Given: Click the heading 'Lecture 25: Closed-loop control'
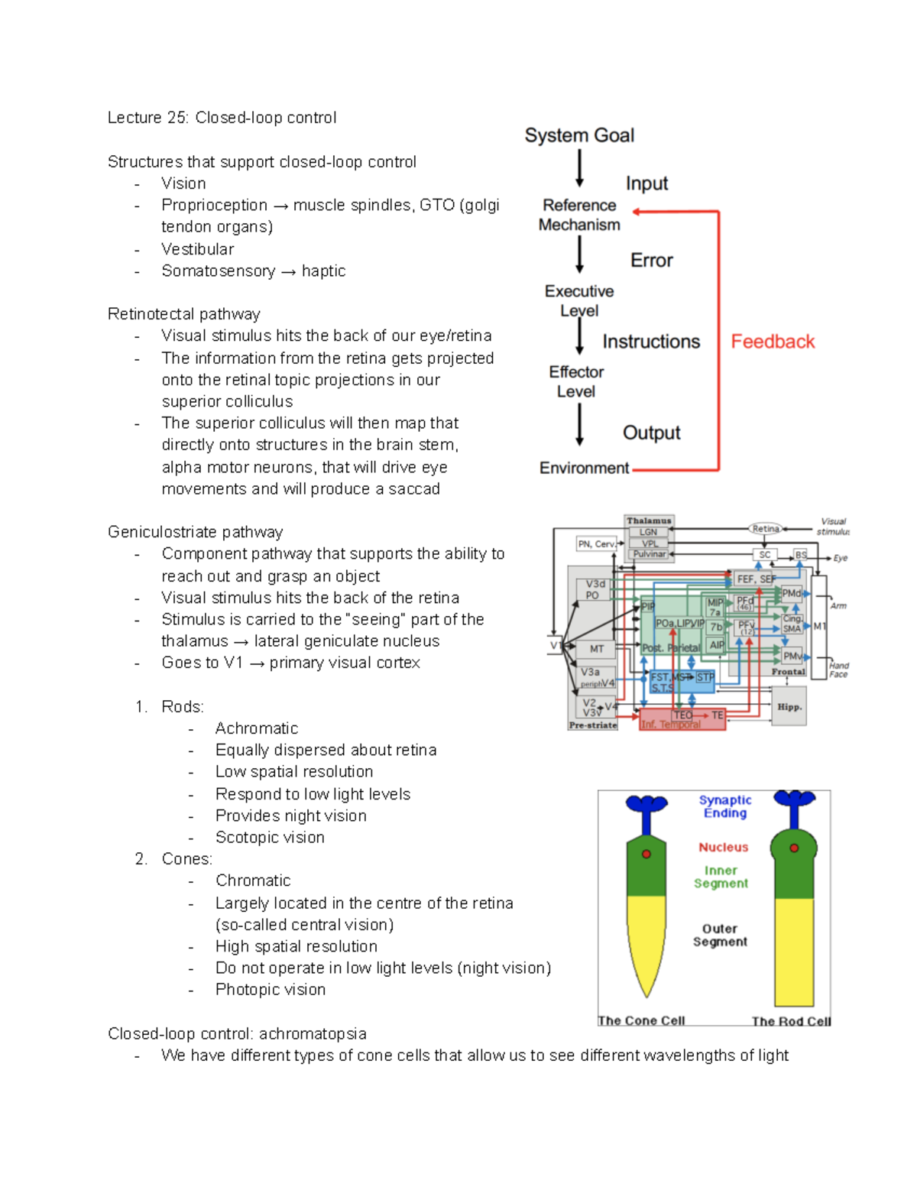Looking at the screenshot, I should click(222, 118).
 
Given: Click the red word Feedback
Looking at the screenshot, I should click(773, 342).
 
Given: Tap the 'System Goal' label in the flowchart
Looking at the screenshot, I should click(579, 135).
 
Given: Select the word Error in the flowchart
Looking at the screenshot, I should click(651, 261).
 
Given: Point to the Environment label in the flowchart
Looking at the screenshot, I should click(584, 468).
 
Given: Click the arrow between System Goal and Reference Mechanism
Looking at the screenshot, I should click(579, 168).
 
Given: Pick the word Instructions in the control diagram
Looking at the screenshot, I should click(651, 342).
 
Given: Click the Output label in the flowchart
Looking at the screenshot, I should click(651, 433).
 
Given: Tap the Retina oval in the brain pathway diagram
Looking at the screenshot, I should click(766, 528).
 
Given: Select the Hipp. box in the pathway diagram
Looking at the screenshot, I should click(789, 707).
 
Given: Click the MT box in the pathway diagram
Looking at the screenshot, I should click(597, 649).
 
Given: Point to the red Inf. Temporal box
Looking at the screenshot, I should click(682, 720).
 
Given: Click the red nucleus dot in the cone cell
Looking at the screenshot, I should click(646, 854).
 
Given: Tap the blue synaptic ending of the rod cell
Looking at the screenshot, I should click(795, 799).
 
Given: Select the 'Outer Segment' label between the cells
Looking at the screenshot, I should click(720, 935).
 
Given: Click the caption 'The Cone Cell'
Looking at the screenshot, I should click(641, 1020).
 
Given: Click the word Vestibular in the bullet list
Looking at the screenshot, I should click(197, 249).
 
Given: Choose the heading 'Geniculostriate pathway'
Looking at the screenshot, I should click(195, 532).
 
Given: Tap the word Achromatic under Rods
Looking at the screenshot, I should click(257, 728).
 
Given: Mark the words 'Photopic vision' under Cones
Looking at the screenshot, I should click(271, 990).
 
